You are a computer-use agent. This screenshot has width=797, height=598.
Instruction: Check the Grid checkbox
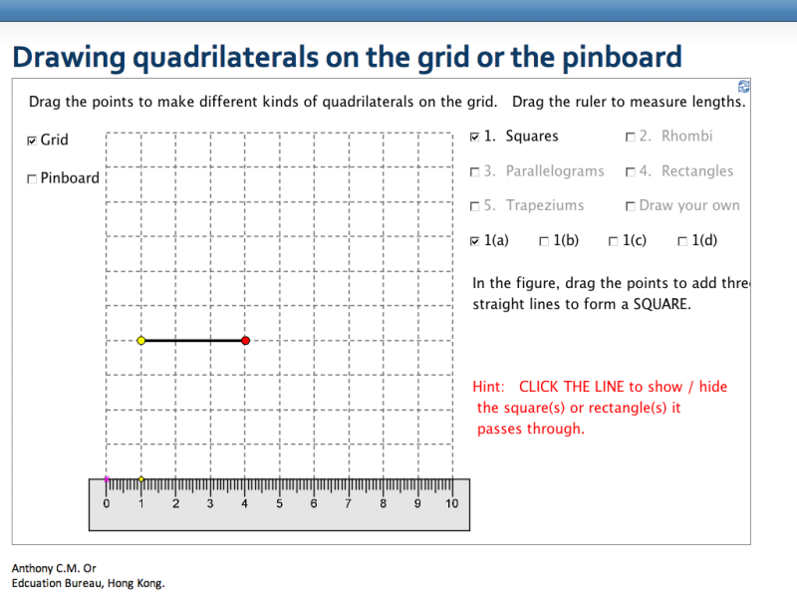[x=33, y=141]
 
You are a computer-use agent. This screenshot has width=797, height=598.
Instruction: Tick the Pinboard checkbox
[x=33, y=178]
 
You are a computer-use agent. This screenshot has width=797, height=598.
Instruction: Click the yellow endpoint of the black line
[x=141, y=341]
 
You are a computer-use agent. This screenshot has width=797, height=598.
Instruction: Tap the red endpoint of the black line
[x=245, y=341]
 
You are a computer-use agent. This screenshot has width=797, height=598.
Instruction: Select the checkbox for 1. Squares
[x=474, y=137]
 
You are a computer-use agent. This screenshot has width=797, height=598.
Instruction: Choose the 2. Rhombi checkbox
[x=631, y=137]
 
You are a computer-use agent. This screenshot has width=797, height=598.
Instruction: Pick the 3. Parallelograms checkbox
[x=474, y=171]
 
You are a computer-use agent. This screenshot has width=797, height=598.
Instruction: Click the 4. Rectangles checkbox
[x=631, y=171]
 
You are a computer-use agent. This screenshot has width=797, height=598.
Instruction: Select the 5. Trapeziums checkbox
[x=474, y=206]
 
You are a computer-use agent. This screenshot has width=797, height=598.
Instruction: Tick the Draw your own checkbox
[x=631, y=206]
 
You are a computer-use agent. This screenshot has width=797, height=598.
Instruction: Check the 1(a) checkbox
[x=474, y=241]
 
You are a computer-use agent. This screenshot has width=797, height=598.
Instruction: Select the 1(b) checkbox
[x=544, y=241]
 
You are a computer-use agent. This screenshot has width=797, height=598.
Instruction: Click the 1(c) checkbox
[x=614, y=241]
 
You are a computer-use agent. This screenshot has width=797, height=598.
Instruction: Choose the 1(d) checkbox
[x=682, y=241]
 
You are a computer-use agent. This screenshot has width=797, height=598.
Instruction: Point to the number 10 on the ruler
[x=451, y=503]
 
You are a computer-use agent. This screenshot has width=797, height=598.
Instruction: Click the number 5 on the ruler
[x=279, y=503]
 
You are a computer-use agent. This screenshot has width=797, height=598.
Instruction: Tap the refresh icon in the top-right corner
[x=743, y=87]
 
